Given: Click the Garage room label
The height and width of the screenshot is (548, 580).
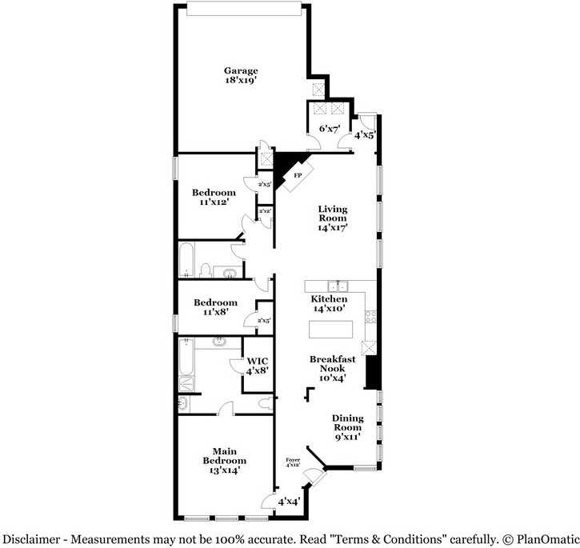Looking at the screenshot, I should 240,75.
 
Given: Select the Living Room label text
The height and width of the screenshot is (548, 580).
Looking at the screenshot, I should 332,218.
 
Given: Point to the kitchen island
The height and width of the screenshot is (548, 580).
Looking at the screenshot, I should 330,329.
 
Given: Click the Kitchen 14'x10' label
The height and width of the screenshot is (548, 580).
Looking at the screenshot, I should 329,303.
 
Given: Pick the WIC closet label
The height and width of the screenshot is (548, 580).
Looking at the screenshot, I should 257,366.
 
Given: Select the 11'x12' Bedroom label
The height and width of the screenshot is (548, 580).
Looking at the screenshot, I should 214,198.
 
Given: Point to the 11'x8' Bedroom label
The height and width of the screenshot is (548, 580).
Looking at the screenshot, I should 215,307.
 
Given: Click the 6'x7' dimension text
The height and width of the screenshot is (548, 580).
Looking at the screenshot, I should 330,128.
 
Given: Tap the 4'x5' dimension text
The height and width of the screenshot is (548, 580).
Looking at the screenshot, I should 365,134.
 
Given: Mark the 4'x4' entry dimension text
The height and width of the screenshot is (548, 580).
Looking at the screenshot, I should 288,502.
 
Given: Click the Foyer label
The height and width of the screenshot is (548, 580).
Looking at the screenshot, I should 293,462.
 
